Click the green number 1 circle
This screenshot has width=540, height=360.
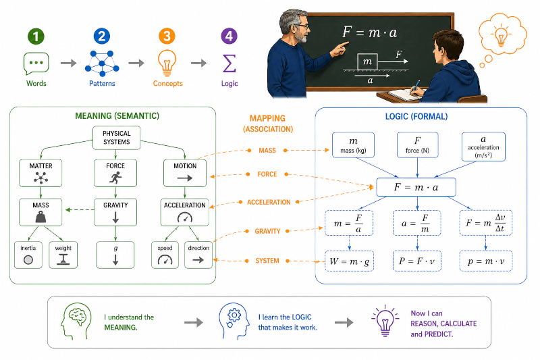[36, 36]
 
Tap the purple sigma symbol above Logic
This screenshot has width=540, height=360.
[230, 63]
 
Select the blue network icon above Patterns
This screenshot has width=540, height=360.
[102, 63]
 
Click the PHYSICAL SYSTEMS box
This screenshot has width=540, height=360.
[117, 138]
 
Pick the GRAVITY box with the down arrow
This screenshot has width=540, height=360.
[115, 212]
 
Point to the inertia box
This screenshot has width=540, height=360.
[28, 255]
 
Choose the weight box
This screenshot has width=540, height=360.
[63, 255]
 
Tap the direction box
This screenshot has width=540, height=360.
[198, 255]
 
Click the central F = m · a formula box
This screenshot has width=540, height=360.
[416, 187]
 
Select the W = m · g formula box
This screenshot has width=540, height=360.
[349, 261]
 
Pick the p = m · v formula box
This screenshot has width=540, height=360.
[486, 261]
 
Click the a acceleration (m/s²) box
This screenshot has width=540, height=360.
[483, 147]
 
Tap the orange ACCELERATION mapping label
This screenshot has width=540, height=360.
[269, 202]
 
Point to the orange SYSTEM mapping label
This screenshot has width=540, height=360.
[267, 261]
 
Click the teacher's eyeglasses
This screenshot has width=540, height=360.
[303, 26]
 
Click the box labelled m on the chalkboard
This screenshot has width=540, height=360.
[367, 61]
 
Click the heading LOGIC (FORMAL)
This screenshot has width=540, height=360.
[416, 116]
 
